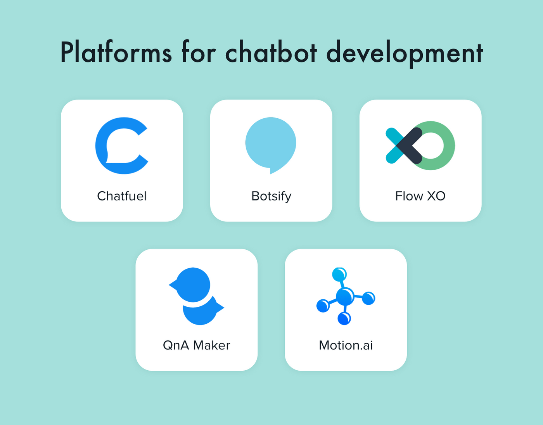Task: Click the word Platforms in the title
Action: (x=116, y=52)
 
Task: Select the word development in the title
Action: (x=405, y=54)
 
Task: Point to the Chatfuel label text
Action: (x=122, y=196)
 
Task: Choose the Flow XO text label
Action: (x=420, y=196)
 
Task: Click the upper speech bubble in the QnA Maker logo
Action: (x=192, y=285)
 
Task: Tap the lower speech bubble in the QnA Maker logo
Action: (x=201, y=312)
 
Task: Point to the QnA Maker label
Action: (x=196, y=346)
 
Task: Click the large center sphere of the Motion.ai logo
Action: (x=345, y=296)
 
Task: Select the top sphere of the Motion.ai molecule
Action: (x=339, y=275)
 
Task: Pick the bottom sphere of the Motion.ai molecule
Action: (x=344, y=318)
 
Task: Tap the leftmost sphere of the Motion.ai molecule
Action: (x=323, y=306)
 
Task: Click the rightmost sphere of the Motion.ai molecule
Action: (x=368, y=298)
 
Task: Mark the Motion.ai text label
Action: (x=346, y=346)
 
